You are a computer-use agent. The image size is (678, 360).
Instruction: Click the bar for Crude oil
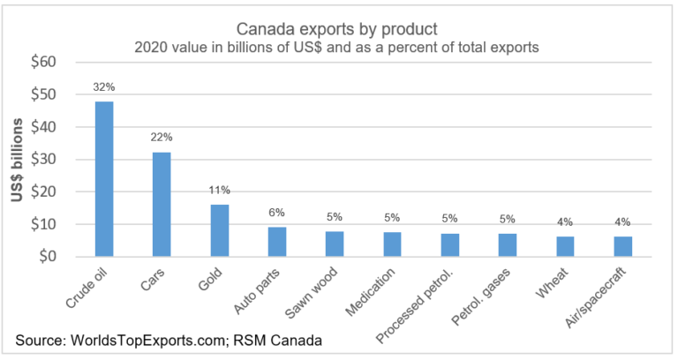click(104, 179)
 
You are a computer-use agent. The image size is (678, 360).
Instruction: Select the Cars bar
click(161, 205)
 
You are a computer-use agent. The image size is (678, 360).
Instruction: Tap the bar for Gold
click(218, 230)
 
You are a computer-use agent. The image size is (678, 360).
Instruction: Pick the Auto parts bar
click(276, 242)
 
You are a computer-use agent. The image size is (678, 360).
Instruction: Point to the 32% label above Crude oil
click(104, 87)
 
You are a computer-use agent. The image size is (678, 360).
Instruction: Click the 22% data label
click(161, 138)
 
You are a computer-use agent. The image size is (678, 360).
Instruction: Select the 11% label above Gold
click(218, 190)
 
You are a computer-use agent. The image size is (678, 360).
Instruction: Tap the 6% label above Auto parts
click(276, 213)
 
